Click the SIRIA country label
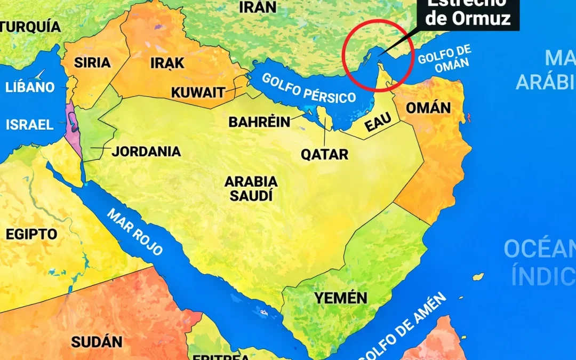(92, 62)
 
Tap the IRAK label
(167, 63)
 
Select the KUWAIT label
(198, 92)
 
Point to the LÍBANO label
(30, 87)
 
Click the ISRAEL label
(30, 125)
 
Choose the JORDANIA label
(146, 151)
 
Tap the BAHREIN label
(259, 122)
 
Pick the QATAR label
(324, 155)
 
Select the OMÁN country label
(428, 108)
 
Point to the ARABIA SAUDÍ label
(251, 188)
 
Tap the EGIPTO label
(31, 234)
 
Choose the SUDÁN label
(97, 342)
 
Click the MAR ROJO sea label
(135, 232)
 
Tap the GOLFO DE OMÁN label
(444, 60)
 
